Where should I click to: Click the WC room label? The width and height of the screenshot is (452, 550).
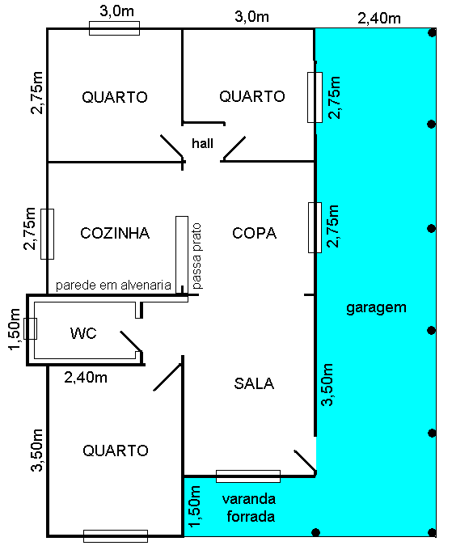coord(83,333)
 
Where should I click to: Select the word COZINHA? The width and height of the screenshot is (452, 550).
coord(115,233)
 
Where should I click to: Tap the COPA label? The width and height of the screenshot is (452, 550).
coord(254,233)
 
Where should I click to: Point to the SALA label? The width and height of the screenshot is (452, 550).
coord(254,383)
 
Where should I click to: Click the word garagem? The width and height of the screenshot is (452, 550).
coord(375,307)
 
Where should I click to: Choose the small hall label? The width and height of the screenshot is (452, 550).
coord(202,143)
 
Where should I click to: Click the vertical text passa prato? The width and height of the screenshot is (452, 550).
coord(196,255)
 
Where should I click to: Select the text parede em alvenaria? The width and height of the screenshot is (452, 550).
coord(113,286)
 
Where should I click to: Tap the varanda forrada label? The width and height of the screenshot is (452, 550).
coord(248,507)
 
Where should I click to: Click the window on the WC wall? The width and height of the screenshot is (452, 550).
coord(31,328)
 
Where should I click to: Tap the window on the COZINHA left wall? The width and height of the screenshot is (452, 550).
coord(48,234)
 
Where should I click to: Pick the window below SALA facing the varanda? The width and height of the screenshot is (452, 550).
coord(248,476)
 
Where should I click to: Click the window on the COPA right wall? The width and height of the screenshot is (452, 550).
coord(315,227)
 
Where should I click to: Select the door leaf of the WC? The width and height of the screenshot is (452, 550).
coord(130,341)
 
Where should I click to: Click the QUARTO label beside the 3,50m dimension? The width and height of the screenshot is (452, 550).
coord(115,451)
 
